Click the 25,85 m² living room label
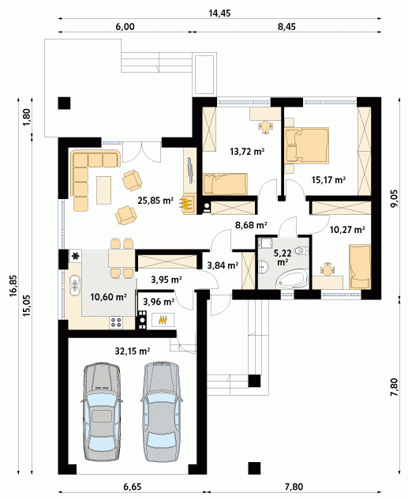(x=155, y=201)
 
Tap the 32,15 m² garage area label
(x=133, y=351)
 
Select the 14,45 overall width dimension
(x=219, y=13)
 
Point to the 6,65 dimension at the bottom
(x=132, y=487)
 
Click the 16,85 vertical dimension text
(x=13, y=286)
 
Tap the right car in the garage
(x=162, y=412)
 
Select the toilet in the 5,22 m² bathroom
(x=301, y=250)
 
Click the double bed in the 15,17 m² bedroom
(x=306, y=145)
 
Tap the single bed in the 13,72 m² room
(x=225, y=184)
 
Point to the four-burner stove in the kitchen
(x=116, y=322)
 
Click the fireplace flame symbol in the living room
(x=187, y=204)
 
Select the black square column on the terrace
(x=64, y=103)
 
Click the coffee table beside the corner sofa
(x=104, y=190)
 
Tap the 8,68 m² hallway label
(x=251, y=225)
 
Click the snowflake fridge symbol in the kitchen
(x=76, y=255)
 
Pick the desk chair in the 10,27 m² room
(x=328, y=269)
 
